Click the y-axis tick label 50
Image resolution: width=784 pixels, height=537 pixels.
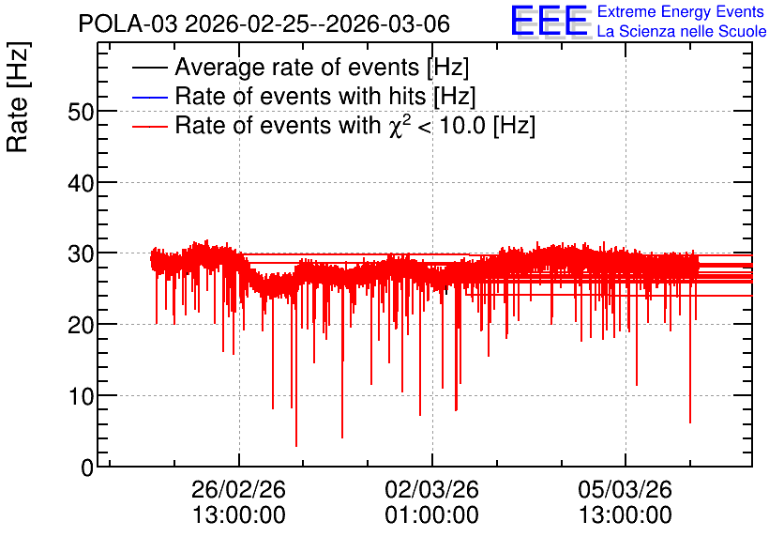[81, 112]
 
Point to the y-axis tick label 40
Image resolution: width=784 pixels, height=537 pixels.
[81, 184]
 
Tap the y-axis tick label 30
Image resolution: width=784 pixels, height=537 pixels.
[81, 254]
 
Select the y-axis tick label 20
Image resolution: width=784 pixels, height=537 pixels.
[81, 326]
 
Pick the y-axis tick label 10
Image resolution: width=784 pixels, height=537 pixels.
[81, 397]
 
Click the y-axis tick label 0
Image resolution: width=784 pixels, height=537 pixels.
[87, 468]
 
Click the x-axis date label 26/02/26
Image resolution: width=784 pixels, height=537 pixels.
[238, 489]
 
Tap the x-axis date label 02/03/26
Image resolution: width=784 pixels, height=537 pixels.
[432, 489]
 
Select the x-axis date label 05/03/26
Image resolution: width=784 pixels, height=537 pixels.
[625, 489]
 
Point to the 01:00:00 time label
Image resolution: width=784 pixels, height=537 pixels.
[432, 515]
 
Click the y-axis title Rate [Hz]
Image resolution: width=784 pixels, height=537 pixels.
[18, 97]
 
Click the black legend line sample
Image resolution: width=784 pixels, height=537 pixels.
[149, 68]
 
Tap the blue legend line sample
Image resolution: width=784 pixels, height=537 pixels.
[149, 97]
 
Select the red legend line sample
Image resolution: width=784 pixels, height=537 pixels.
[149, 126]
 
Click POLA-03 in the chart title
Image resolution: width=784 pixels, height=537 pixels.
[128, 23]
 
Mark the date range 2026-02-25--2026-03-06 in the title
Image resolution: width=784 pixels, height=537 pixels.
[318, 23]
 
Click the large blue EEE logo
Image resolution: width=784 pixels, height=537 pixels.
[550, 21]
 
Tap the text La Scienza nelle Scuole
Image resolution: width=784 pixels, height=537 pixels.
[682, 32]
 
